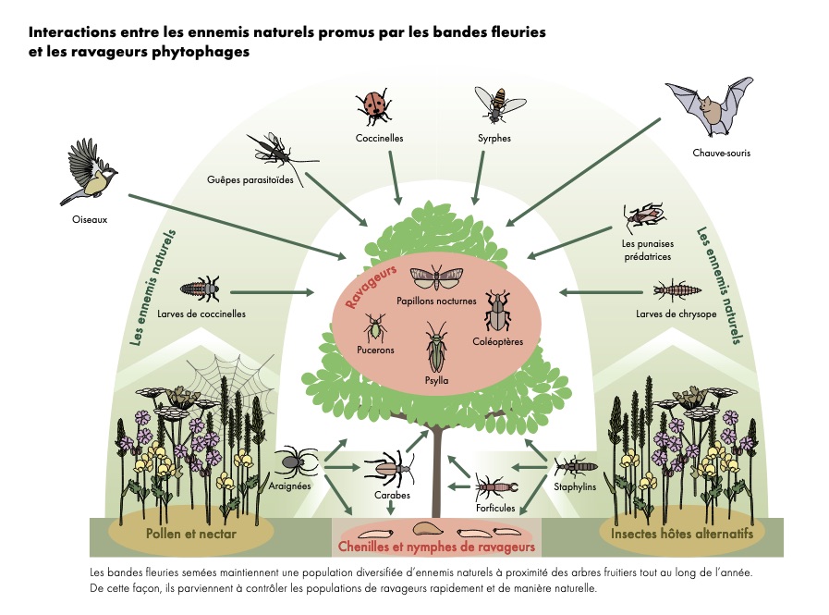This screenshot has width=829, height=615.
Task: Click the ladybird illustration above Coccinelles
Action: coord(373,106)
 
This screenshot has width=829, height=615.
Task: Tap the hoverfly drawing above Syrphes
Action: coord(494,104)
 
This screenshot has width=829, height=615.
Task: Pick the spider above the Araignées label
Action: coord(297,458)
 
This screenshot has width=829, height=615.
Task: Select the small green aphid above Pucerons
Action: coord(375,326)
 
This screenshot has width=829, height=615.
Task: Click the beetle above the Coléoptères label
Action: coord(497,312)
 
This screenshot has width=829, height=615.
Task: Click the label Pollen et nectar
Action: coord(191,534)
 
